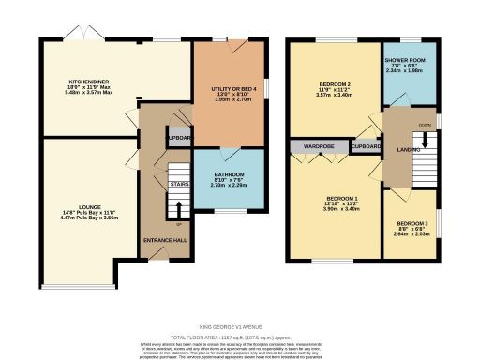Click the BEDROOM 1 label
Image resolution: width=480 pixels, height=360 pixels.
340,199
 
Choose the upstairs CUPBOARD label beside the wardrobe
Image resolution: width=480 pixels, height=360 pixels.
366,147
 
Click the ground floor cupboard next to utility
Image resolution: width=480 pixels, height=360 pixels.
178,138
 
